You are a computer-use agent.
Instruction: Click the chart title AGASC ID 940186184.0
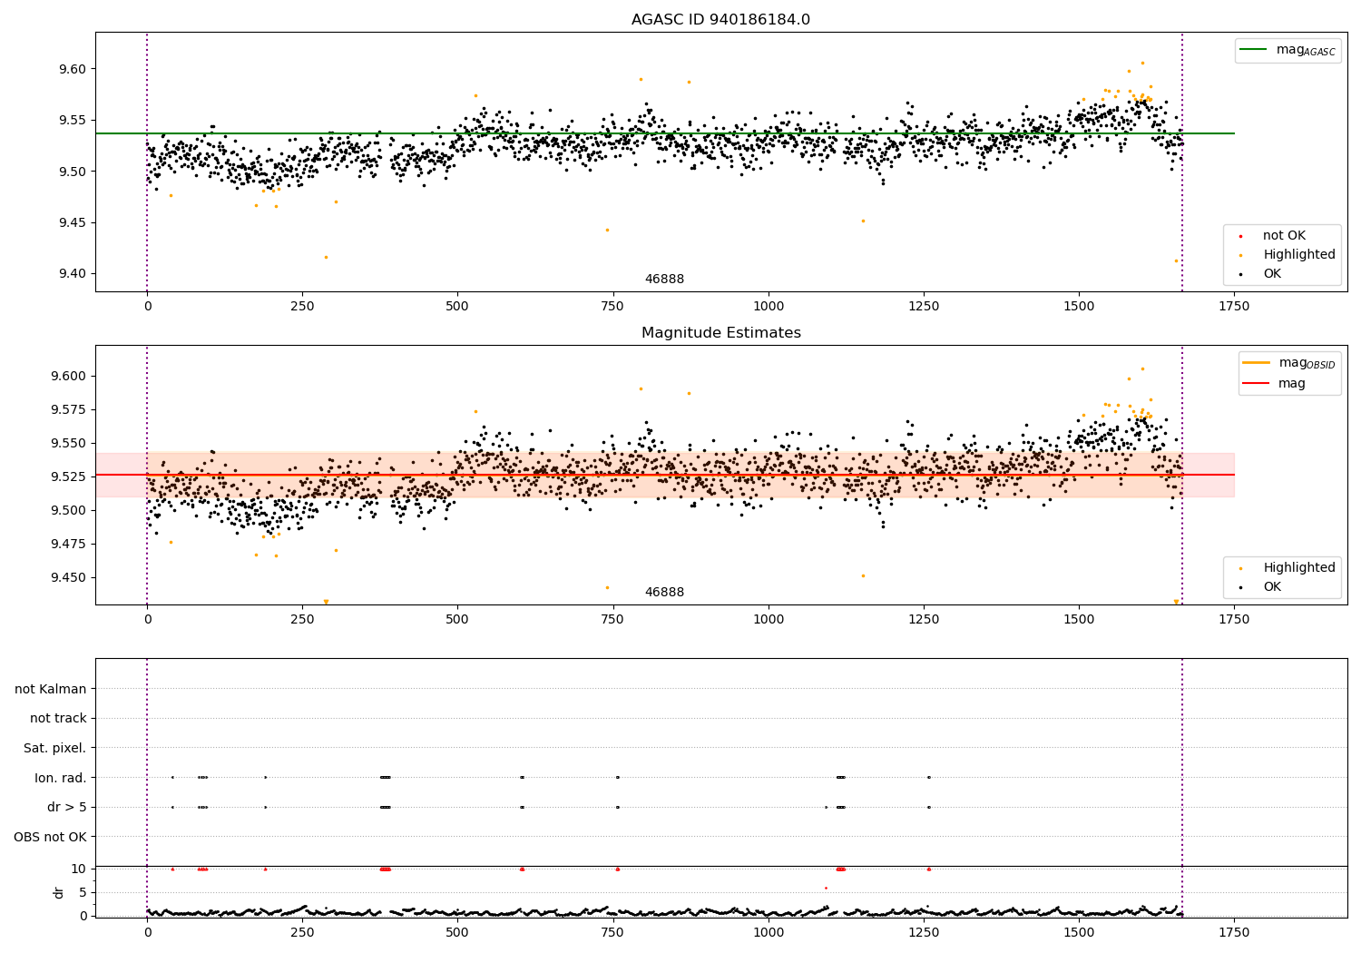pos(720,20)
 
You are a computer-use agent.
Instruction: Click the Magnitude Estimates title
pos(720,333)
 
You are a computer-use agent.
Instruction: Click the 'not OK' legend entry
pos(1284,236)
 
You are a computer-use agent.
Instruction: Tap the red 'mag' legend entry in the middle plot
pos(1291,383)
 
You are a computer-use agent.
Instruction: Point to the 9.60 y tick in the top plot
pos(73,69)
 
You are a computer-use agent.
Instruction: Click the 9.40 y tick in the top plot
pos(73,273)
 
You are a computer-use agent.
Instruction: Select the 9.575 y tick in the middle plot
pos(69,409)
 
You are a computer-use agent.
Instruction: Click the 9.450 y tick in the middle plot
pos(69,577)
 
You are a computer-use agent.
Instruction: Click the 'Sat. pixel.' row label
pos(55,748)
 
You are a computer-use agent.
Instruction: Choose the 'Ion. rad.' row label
pos(61,778)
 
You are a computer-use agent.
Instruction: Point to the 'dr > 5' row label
pos(67,807)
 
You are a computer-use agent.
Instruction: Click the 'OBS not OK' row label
pos(51,837)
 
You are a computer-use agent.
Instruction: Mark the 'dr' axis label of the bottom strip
pos(59,892)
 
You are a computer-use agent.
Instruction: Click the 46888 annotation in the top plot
pos(664,280)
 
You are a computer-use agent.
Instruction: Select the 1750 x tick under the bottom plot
pos(1233,932)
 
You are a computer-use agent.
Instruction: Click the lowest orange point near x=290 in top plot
pos(326,257)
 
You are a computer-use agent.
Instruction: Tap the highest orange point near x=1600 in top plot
pos(1142,64)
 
